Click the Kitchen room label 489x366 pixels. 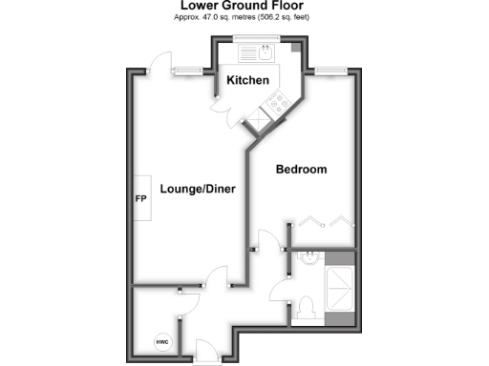248,81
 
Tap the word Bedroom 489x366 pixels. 301,170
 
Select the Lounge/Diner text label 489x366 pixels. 198,189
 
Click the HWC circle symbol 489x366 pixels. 161,340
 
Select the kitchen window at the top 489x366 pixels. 256,38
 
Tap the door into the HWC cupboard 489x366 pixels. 188,303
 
